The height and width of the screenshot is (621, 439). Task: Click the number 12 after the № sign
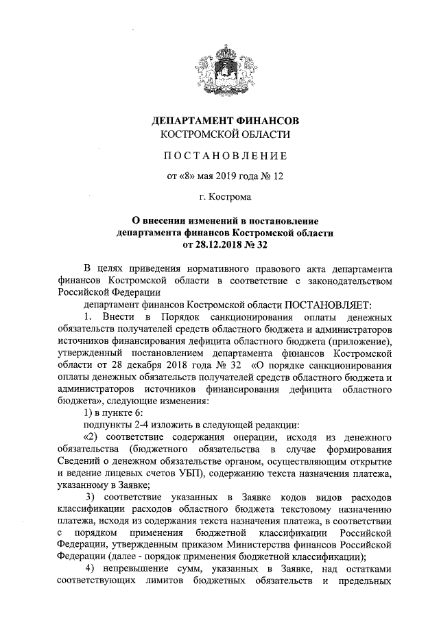pyautogui.click(x=278, y=176)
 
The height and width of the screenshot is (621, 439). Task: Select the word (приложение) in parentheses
pyautogui.click(x=359, y=340)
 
